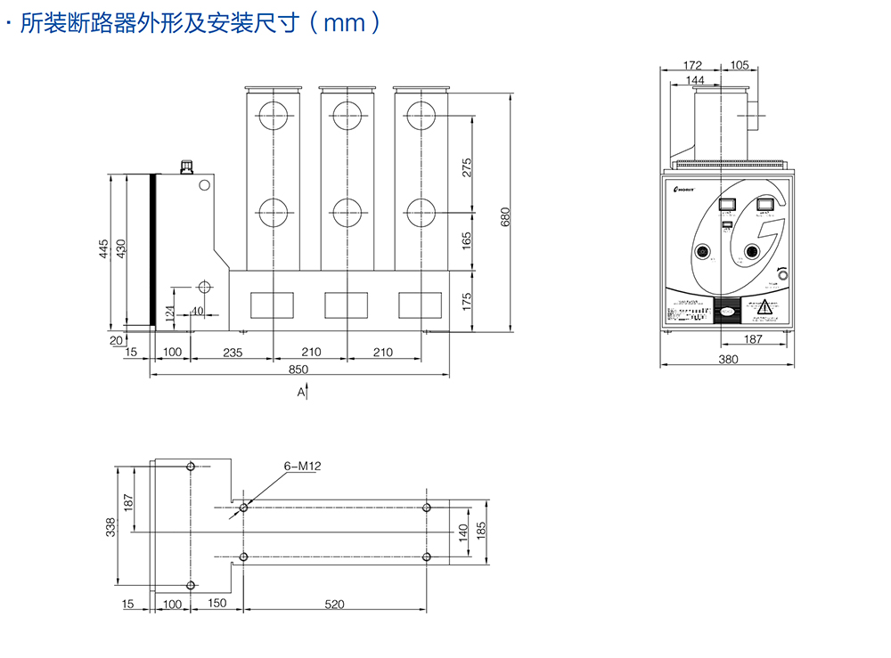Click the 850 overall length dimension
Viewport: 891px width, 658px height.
(x=298, y=369)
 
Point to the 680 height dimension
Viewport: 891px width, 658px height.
(x=505, y=217)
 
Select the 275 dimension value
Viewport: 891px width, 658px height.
(x=467, y=167)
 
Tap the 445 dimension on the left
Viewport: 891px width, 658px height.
(x=104, y=249)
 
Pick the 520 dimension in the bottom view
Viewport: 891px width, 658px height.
(x=334, y=605)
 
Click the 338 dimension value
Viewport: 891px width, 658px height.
(x=111, y=528)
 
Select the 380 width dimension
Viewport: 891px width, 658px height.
(x=728, y=360)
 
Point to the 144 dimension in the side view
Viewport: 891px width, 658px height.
(x=695, y=80)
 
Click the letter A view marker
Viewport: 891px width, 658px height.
(x=300, y=392)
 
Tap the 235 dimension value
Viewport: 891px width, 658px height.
(x=232, y=353)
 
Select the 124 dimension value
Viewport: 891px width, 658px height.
(x=168, y=313)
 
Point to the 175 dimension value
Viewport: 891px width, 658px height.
(x=467, y=300)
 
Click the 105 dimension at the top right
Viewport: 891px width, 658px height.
(x=740, y=65)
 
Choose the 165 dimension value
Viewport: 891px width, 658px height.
(x=467, y=241)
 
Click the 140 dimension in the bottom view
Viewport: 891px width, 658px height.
(x=463, y=532)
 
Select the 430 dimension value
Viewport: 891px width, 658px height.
(x=122, y=249)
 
